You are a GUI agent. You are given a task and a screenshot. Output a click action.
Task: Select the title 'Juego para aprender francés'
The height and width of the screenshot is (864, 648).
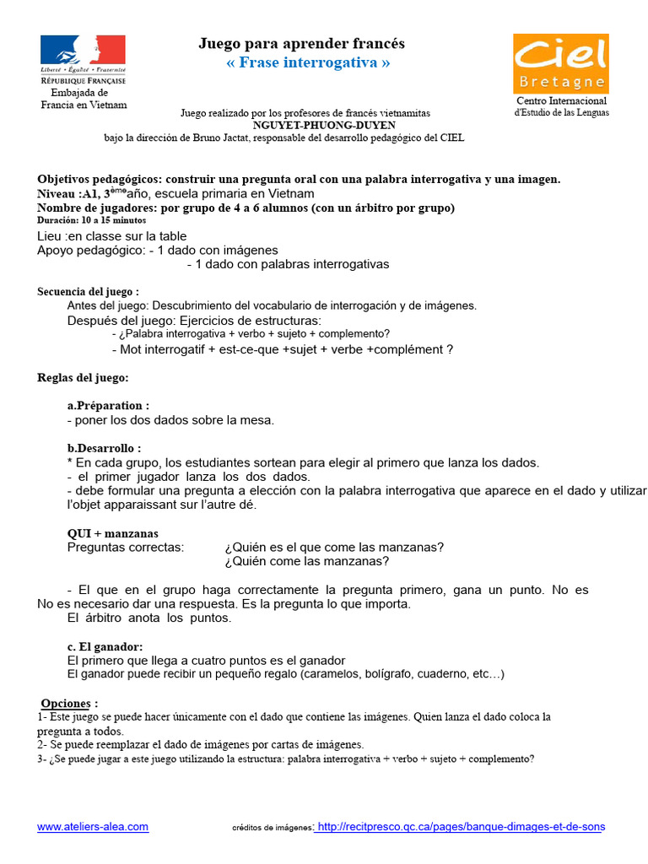coord(301,43)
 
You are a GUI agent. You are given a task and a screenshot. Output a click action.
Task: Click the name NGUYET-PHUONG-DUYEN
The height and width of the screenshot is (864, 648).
coord(305,125)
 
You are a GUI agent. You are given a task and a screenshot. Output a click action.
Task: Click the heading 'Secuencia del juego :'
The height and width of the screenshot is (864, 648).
coord(88,291)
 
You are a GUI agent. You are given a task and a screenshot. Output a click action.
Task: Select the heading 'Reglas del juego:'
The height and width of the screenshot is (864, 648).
coord(83,377)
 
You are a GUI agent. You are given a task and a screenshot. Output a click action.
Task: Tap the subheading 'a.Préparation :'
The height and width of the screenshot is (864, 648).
coord(108,406)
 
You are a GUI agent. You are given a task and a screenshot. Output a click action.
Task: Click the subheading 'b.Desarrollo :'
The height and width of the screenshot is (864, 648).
coord(104,448)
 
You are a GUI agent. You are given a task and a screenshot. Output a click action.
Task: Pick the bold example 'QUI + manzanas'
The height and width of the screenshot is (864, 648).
coord(112,533)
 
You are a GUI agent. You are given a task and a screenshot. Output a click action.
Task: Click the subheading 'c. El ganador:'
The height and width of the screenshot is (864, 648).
coord(105,646)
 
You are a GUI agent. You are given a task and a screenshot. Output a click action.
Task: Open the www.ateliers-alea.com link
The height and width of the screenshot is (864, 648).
coord(93,827)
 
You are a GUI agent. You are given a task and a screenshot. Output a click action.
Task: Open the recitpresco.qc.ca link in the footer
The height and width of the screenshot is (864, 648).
coord(460,827)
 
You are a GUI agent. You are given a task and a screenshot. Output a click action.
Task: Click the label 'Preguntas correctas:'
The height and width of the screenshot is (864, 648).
coord(125,547)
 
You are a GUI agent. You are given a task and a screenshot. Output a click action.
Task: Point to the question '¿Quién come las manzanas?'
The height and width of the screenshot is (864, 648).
coord(307,561)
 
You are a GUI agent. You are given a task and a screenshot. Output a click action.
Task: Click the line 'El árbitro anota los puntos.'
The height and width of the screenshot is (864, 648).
coord(148,618)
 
